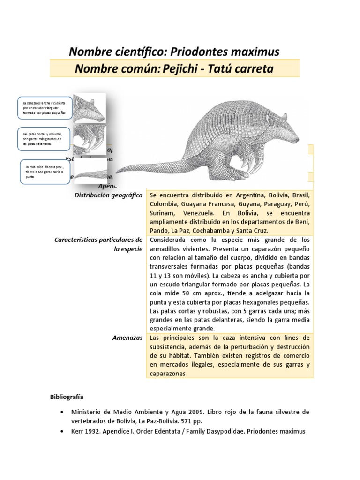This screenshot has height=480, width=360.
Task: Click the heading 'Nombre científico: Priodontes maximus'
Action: (x=174, y=52)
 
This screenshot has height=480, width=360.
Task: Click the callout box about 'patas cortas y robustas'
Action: (x=44, y=139)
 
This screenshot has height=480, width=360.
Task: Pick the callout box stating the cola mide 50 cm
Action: (x=46, y=172)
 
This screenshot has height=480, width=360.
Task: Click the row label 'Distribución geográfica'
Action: (x=109, y=195)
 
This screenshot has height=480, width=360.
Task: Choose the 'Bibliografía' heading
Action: (x=67, y=397)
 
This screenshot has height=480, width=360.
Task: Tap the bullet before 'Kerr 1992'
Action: (x=62, y=431)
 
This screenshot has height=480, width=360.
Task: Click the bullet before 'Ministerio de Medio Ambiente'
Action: (x=62, y=412)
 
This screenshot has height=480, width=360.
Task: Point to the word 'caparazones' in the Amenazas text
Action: (x=168, y=374)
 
